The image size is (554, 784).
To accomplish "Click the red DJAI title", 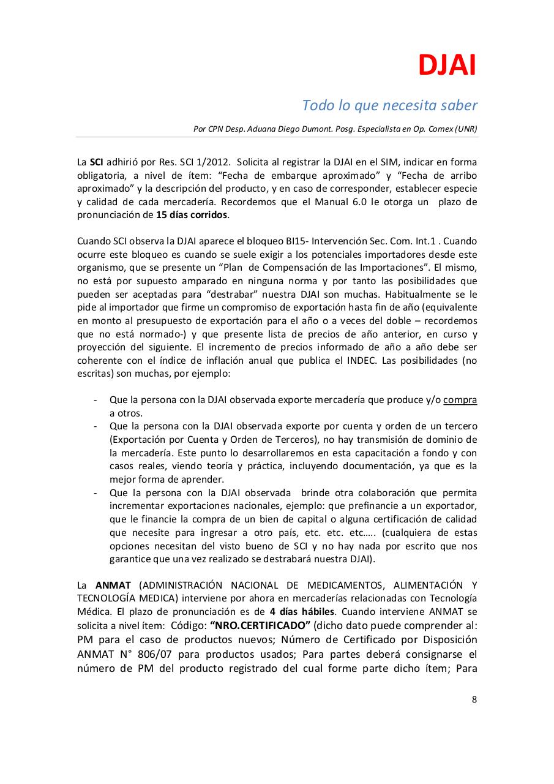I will coord(446,66).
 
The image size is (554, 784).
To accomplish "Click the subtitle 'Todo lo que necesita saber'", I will coord(389,105).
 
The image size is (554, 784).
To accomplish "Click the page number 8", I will coord(474,700).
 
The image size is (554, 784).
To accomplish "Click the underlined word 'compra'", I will coord(460,400).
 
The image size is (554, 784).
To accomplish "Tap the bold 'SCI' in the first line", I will coord(96,162).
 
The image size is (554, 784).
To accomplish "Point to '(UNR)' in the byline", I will coord(465,129).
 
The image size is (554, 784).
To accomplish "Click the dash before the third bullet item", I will coord(95,493).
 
